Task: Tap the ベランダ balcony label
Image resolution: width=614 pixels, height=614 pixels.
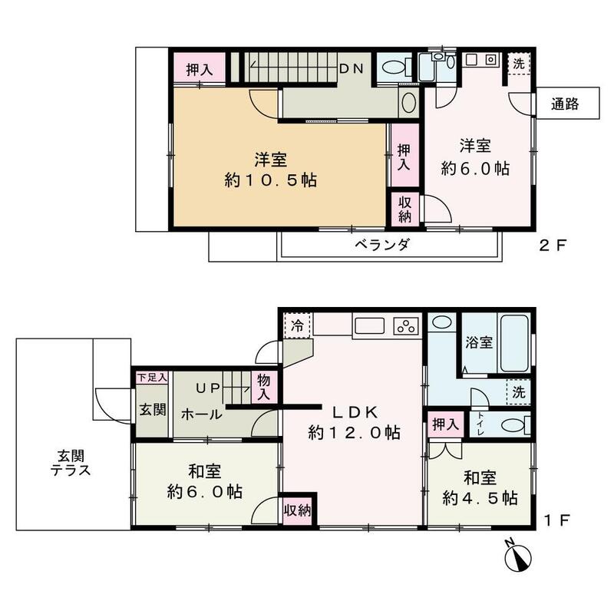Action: tap(381, 246)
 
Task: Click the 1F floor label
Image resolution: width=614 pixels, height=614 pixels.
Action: tap(556, 520)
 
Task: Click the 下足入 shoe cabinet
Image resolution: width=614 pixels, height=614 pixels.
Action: tap(151, 378)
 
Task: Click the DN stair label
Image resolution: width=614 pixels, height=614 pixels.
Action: tap(353, 68)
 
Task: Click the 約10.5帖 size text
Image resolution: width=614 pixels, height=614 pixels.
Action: tap(272, 181)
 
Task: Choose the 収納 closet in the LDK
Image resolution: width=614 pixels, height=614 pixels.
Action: tap(298, 509)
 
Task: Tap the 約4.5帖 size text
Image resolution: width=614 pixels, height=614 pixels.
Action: tap(479, 498)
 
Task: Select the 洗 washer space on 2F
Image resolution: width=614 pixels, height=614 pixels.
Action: tap(519, 64)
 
